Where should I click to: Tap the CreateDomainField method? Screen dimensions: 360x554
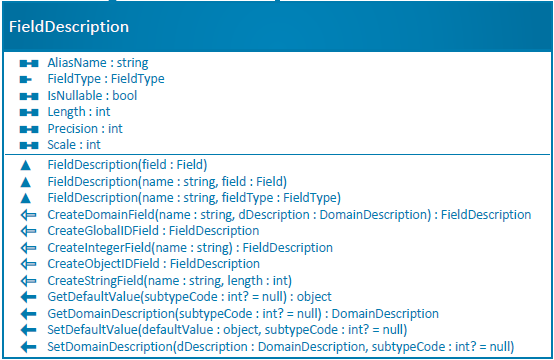289,214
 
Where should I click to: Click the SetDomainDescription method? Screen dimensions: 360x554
280,346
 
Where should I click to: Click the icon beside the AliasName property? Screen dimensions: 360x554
28,63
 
